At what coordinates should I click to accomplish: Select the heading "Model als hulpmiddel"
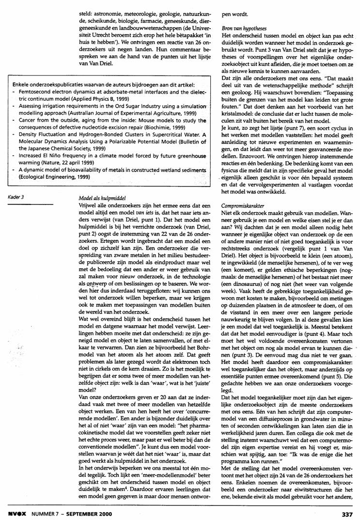click(98, 199)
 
